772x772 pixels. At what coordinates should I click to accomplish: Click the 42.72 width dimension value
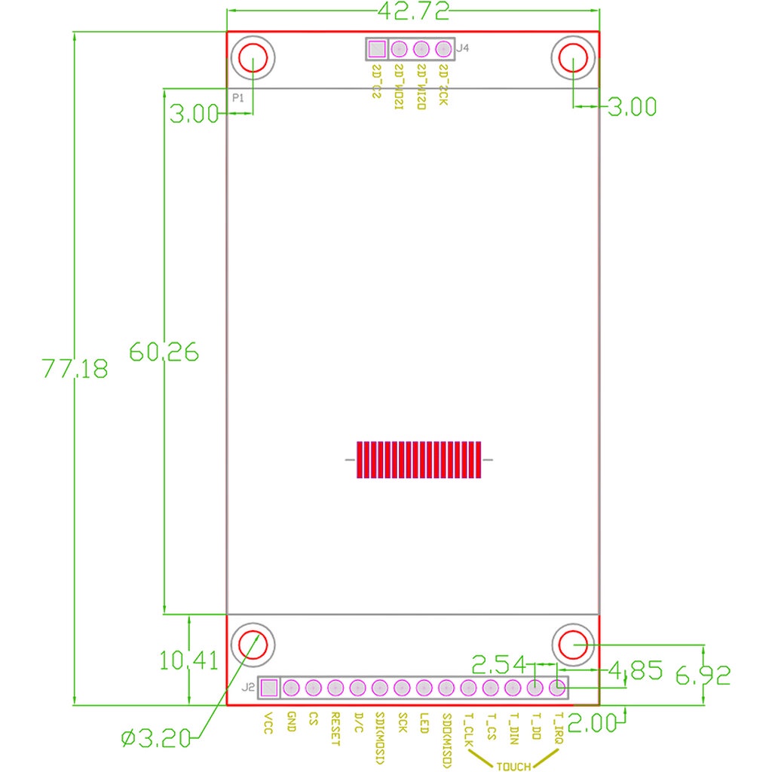coord(412,11)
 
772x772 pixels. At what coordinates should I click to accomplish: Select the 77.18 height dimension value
coord(75,369)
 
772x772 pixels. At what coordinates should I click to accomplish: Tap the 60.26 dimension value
coord(164,351)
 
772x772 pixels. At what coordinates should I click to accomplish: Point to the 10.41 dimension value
coord(188,660)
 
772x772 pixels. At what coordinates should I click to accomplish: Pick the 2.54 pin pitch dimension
coord(500,664)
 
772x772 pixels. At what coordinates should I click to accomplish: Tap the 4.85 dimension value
coord(636,669)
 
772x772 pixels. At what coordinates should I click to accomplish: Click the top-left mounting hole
coord(253,59)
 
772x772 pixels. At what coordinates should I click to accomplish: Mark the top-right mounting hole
coord(574,59)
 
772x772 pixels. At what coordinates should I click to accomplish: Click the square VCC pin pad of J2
coord(268,688)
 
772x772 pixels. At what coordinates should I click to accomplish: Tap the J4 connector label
coord(464,48)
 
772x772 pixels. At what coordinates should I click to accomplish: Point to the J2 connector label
coord(248,688)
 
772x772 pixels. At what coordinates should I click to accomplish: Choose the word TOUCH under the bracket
coord(513,766)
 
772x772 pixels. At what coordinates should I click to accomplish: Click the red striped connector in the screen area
coord(418,460)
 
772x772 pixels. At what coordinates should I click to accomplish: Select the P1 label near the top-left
coord(238,98)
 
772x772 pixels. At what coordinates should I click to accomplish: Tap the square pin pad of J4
coord(376,50)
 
